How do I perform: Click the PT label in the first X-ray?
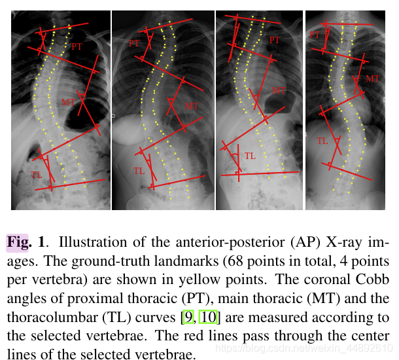[77, 46]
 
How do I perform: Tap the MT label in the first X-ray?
[69, 102]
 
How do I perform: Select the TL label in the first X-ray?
[37, 175]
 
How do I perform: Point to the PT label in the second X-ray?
[134, 44]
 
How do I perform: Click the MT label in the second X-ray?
[191, 106]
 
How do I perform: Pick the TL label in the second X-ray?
[139, 171]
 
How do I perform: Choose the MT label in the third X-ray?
[279, 91]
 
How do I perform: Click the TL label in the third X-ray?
[250, 156]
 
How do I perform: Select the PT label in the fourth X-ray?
[315, 34]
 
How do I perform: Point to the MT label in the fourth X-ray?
[372, 79]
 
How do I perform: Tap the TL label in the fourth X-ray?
[322, 141]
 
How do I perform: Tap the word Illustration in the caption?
[86, 242]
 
